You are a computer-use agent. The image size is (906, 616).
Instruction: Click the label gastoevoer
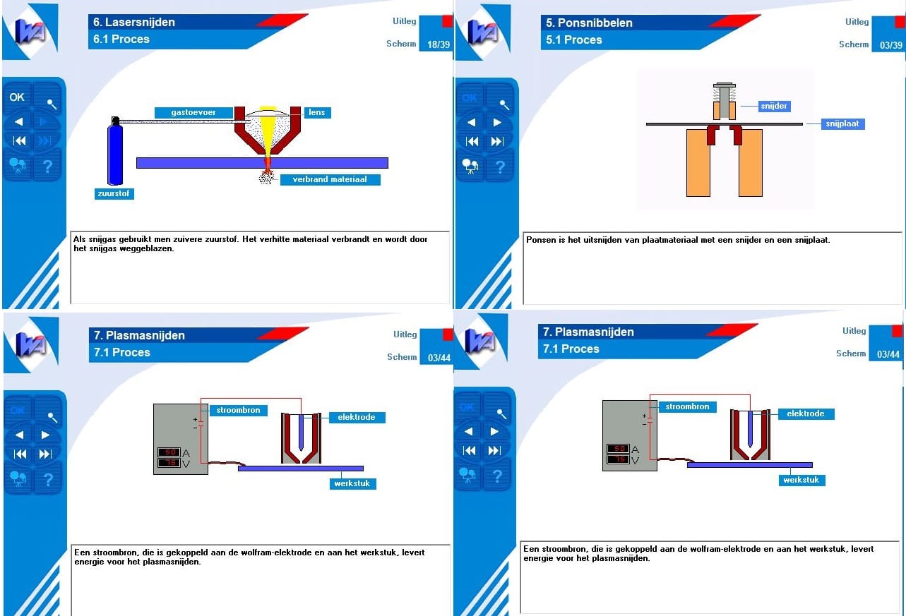coord(193,112)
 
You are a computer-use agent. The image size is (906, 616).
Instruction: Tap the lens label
coord(317,112)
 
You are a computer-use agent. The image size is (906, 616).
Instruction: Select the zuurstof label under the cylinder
coord(114,193)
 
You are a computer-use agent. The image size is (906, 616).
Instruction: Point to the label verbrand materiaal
coord(330,179)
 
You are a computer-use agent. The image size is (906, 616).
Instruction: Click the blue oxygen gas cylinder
coord(115,152)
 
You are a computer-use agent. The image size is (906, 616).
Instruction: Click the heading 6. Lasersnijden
coord(134,23)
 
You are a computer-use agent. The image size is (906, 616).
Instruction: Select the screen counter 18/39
coord(439,44)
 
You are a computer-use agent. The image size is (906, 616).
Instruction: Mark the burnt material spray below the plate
coord(266,176)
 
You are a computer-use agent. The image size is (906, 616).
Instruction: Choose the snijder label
coord(774,107)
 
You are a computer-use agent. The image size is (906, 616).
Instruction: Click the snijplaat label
coord(842,123)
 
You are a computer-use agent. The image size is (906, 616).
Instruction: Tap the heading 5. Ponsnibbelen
coord(589,23)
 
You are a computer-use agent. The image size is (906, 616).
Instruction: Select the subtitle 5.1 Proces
coord(573,40)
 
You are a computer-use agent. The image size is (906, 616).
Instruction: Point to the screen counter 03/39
coord(891,45)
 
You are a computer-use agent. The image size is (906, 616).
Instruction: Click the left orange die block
coord(698,163)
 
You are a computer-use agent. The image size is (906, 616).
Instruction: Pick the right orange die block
coord(751,163)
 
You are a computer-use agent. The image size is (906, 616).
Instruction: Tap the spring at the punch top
coord(725,95)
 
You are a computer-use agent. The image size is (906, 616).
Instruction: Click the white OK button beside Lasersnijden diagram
coord(17,97)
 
